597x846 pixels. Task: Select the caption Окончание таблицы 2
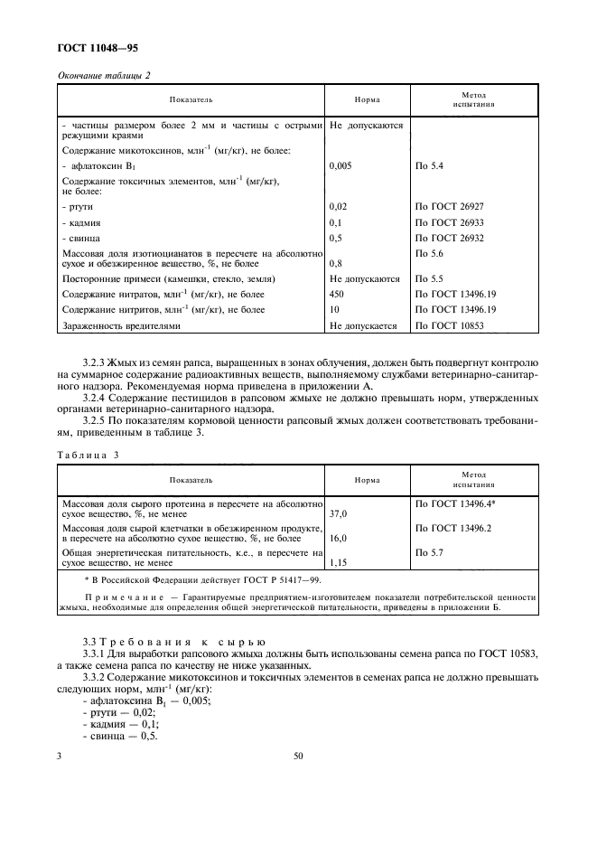click(104, 74)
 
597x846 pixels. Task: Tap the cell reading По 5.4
click(430, 167)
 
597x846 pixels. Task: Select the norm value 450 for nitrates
click(338, 295)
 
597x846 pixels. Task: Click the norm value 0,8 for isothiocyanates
click(337, 265)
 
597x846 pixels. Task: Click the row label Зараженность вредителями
click(121, 324)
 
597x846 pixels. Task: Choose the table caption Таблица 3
click(89, 456)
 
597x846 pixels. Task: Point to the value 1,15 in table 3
click(338, 562)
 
